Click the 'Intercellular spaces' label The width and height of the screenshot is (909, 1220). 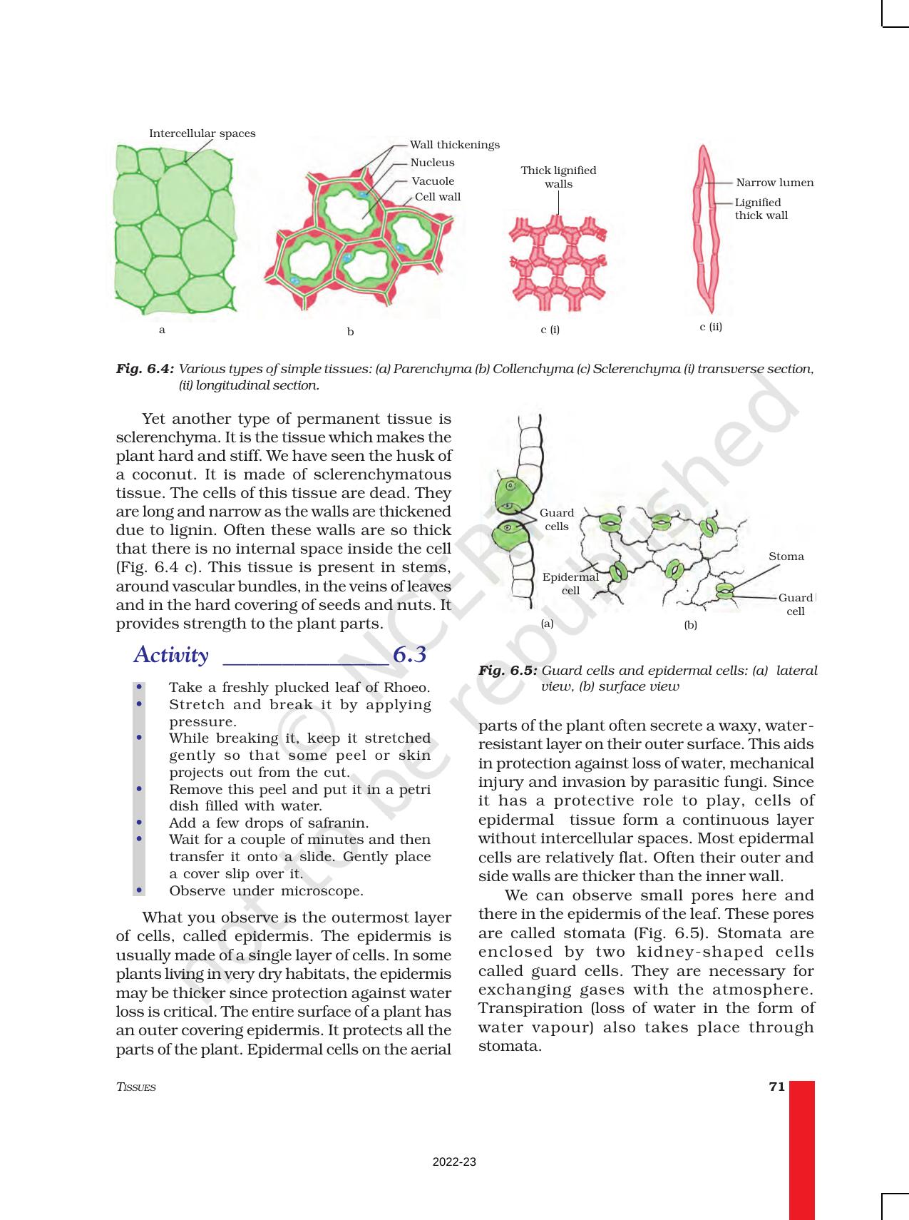202,133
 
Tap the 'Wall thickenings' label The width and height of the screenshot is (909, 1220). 454,145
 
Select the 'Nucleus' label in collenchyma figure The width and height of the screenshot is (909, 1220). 432,163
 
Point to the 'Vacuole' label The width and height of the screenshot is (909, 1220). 433,181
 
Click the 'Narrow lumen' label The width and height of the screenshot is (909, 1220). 774,183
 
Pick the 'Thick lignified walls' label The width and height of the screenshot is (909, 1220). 558,177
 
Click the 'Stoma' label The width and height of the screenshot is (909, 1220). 786,556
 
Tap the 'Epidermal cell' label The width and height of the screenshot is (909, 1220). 570,583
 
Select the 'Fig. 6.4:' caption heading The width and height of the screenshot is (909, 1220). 145,369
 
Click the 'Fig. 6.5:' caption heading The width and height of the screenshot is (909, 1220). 508,671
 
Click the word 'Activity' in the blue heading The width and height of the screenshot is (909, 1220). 171,655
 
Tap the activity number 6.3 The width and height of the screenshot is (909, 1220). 409,655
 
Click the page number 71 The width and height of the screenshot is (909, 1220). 776,1087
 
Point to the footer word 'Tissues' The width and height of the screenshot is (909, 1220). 135,1087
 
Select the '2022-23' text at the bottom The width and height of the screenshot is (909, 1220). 454,1161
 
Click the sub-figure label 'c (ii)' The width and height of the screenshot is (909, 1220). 711,327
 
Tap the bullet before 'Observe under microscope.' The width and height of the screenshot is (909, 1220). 140,890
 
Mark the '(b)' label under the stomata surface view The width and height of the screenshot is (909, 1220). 690,625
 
